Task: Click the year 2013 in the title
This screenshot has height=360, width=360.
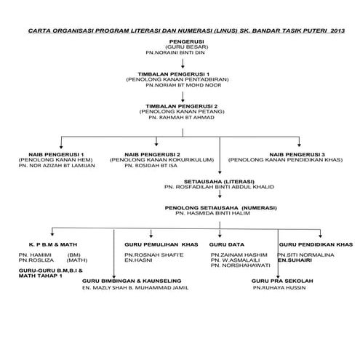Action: (x=337, y=31)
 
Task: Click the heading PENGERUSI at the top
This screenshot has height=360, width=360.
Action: (x=179, y=42)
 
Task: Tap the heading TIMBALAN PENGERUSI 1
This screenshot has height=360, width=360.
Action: (x=179, y=74)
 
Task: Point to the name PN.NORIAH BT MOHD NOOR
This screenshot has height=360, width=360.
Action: (x=179, y=86)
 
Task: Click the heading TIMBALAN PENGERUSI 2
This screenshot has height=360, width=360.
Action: (x=179, y=106)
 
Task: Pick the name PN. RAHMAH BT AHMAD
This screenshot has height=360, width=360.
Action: (x=179, y=118)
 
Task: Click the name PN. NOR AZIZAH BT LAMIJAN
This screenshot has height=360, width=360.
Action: (x=57, y=166)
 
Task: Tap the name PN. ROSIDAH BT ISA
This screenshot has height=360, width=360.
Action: (x=151, y=166)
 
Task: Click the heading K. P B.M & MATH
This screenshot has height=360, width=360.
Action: (x=47, y=245)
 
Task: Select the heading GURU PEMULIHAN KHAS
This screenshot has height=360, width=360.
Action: (x=160, y=245)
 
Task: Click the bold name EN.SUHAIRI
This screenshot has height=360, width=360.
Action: (x=295, y=260)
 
